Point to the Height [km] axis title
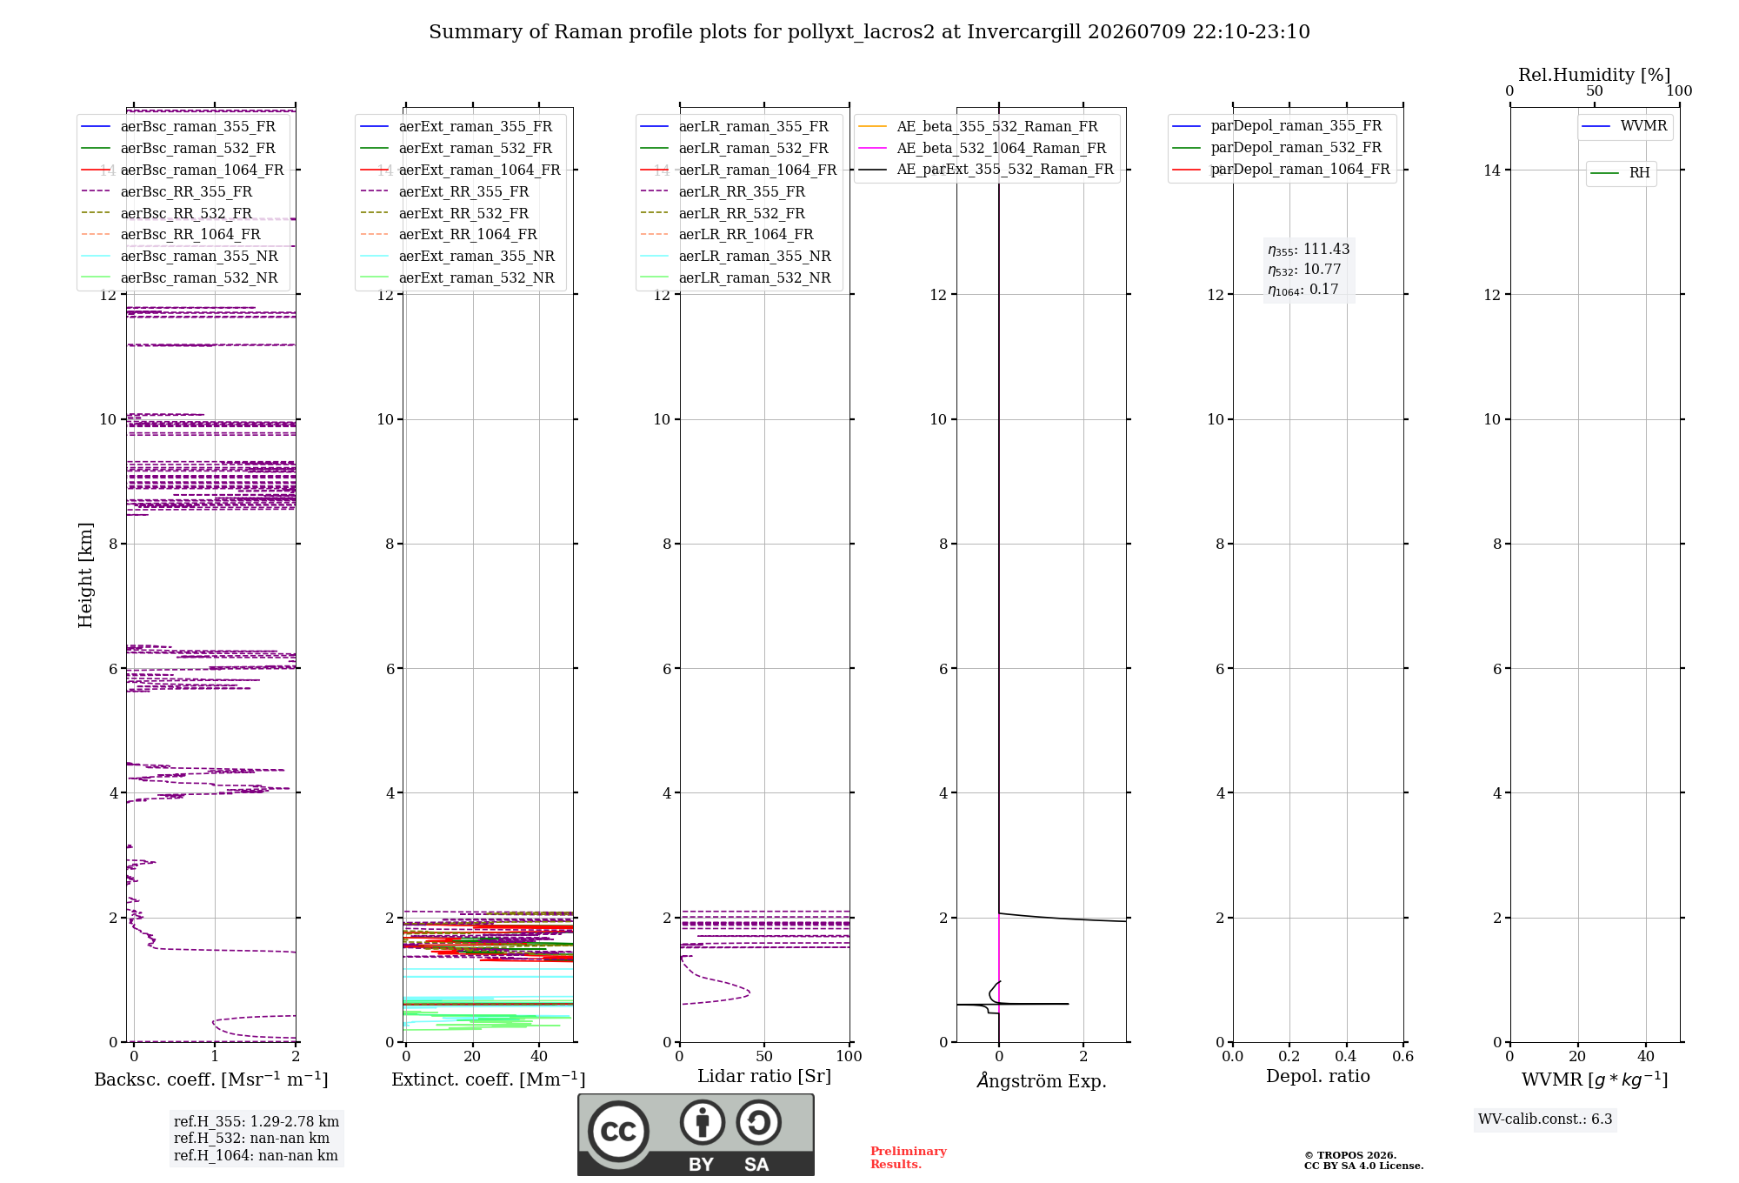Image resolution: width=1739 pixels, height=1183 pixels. (x=85, y=575)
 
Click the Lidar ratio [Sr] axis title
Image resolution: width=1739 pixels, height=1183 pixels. (x=764, y=1076)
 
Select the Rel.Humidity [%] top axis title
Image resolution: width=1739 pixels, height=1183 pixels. (x=1594, y=75)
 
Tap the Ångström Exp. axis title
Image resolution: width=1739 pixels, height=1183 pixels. (x=1042, y=1080)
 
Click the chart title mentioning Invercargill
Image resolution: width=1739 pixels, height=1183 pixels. (x=869, y=32)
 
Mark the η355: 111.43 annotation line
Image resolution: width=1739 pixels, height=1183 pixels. (x=1309, y=250)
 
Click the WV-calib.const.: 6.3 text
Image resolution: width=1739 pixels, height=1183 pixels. (x=1545, y=1120)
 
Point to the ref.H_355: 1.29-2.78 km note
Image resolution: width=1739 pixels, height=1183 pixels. (x=257, y=1121)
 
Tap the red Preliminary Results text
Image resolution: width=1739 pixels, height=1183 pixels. (x=909, y=1158)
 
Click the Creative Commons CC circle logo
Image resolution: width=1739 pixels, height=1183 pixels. (x=618, y=1132)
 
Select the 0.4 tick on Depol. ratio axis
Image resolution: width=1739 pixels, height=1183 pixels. (x=1346, y=1056)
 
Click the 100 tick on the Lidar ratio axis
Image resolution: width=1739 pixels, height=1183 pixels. (x=849, y=1056)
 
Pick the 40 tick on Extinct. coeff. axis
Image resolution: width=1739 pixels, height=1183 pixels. (x=539, y=1056)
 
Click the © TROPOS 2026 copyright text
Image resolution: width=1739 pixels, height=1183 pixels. (x=1350, y=1156)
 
